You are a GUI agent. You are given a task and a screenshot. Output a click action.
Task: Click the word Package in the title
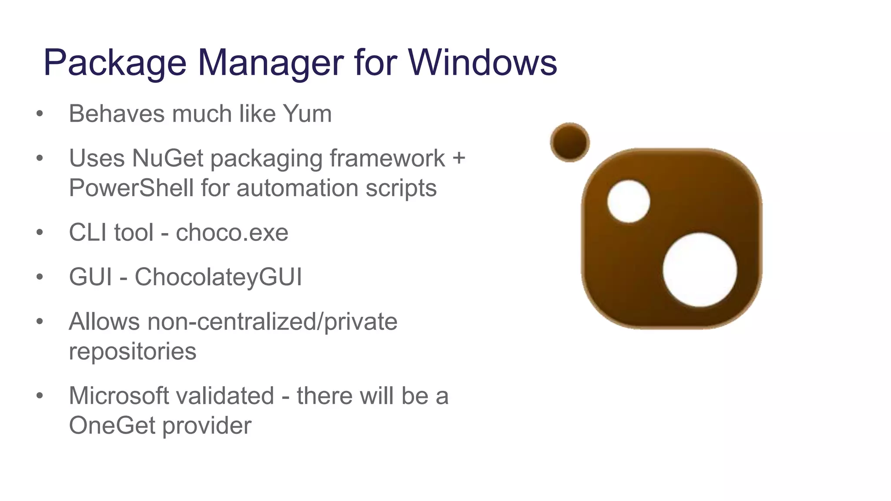tap(115, 63)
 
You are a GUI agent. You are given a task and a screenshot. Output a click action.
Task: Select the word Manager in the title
tap(271, 63)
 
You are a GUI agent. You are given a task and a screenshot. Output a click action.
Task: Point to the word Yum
tap(307, 114)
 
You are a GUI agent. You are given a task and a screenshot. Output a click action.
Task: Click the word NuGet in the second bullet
tap(167, 158)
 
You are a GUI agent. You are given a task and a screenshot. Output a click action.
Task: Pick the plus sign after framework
tap(459, 158)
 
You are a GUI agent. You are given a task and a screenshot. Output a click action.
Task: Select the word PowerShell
tap(131, 188)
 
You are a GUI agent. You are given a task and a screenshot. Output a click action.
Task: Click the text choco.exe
tap(232, 233)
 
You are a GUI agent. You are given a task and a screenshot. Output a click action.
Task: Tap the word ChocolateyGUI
tap(218, 277)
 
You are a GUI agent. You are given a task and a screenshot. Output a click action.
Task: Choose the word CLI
tap(89, 233)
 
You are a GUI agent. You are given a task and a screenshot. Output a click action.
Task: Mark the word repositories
tap(133, 351)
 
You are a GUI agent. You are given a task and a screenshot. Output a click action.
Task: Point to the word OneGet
tap(112, 425)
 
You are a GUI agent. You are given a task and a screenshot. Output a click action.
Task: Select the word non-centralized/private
tap(272, 322)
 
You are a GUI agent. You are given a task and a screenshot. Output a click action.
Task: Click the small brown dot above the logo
tap(569, 142)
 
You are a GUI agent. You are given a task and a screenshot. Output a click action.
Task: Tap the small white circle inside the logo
tap(628, 201)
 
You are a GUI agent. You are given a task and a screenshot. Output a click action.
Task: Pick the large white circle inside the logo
tap(700, 270)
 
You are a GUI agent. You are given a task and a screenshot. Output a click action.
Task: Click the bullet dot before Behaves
tap(40, 114)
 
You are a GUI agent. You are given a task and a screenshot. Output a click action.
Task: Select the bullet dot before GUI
tap(40, 277)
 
